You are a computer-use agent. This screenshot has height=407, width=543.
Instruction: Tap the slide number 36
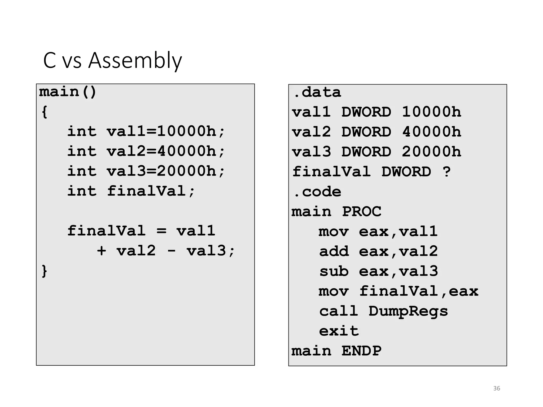click(497, 388)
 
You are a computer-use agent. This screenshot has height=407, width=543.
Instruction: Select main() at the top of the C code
click(68, 92)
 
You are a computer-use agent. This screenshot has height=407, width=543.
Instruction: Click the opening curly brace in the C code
click(45, 112)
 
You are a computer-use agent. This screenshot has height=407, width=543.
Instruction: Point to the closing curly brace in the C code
click(45, 271)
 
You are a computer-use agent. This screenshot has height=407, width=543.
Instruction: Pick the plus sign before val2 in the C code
click(102, 251)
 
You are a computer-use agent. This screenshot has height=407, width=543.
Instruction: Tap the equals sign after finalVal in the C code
click(161, 231)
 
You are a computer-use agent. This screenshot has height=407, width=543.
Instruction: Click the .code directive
click(317, 192)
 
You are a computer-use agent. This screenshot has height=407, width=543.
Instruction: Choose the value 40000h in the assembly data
click(431, 132)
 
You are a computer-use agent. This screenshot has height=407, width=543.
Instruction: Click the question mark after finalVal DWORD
click(446, 172)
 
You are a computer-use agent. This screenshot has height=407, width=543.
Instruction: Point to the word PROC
click(361, 212)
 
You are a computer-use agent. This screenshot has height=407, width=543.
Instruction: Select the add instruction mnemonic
click(334, 251)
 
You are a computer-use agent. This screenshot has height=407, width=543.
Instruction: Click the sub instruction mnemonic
click(334, 271)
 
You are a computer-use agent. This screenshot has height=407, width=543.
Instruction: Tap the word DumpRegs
click(408, 311)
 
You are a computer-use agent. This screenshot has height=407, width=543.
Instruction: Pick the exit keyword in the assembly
click(339, 331)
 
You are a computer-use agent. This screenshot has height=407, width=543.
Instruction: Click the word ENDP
click(361, 351)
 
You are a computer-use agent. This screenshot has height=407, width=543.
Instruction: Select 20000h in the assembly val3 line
click(431, 152)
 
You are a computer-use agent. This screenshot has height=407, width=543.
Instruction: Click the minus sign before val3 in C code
click(172, 251)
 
